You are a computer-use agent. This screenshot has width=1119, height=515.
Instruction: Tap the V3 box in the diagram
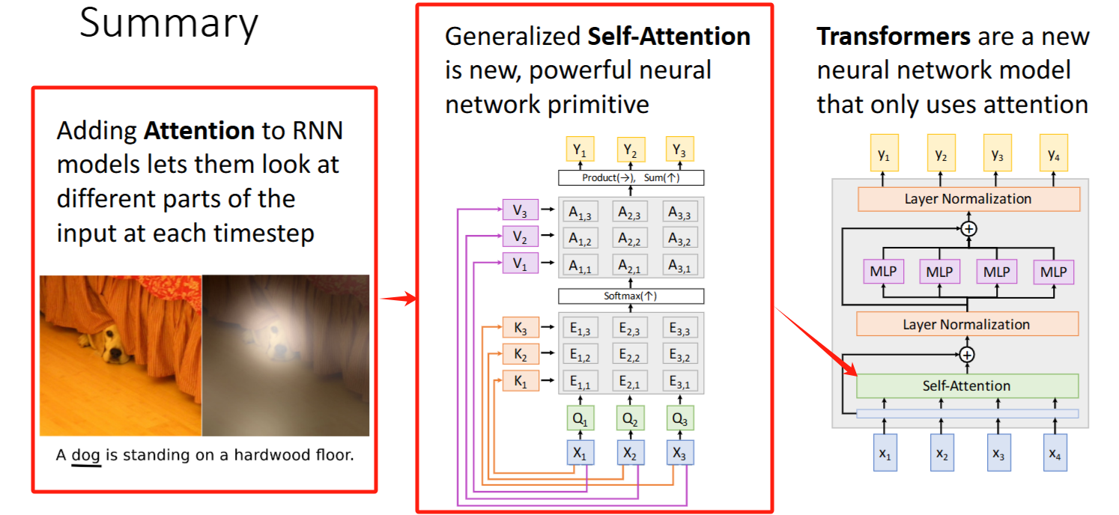520,213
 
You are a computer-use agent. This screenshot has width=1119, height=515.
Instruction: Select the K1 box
520,382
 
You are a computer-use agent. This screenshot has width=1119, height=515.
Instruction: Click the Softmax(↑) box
631,296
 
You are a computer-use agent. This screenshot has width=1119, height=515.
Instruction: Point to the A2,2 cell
631,238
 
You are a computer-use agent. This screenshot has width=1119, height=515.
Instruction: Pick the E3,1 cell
680,382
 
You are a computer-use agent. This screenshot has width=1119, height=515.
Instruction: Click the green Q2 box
631,420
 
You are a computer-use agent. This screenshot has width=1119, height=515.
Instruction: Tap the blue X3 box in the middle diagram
680,453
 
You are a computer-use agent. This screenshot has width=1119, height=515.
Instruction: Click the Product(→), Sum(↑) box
631,178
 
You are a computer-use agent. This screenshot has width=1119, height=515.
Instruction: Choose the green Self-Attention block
966,386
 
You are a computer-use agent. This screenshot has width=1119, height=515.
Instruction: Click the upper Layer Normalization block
968,198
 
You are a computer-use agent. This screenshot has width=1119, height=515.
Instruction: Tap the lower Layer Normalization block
966,324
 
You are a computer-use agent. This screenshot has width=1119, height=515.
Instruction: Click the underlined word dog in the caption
85,454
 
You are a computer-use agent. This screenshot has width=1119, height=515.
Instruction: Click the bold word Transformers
894,36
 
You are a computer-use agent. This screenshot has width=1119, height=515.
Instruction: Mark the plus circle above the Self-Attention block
967,354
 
